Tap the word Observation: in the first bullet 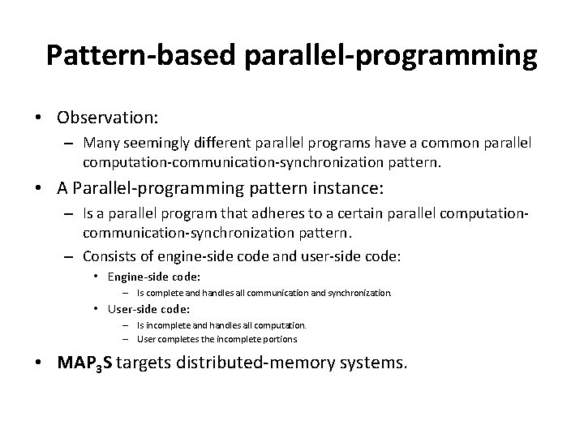[x=107, y=117]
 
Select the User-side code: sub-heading [x=149, y=309]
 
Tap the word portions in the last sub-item [x=279, y=338]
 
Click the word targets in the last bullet [x=147, y=363]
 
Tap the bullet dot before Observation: [x=39, y=117]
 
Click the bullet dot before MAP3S [x=39, y=363]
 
